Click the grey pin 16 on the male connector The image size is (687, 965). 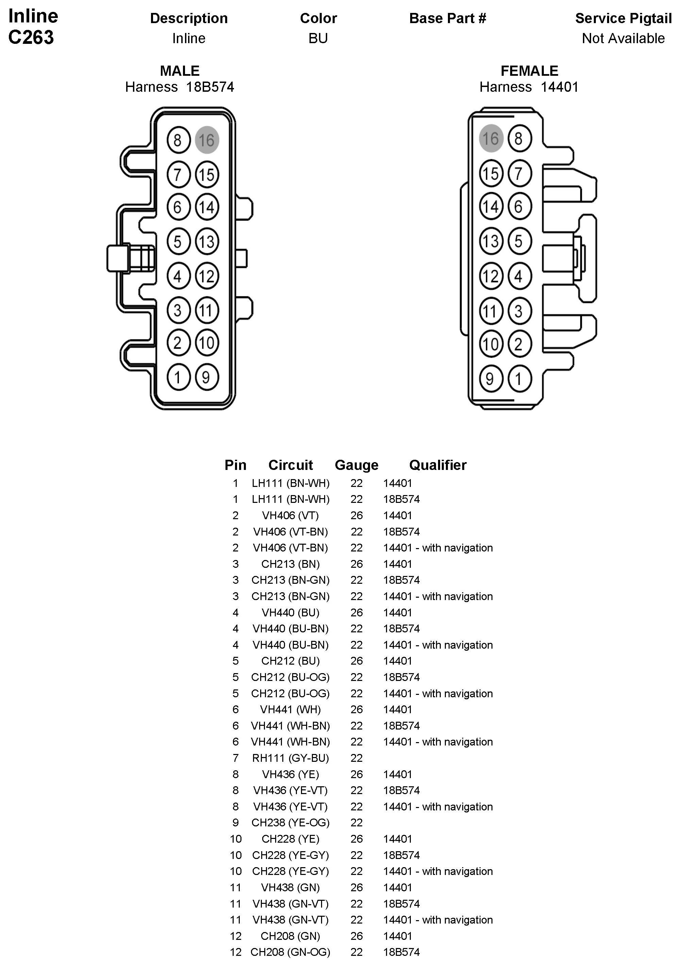coord(207,140)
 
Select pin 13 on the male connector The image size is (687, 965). coord(207,241)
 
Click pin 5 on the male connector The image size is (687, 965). coord(179,241)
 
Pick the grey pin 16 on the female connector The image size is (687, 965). coord(491,138)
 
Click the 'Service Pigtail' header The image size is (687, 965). coord(623,18)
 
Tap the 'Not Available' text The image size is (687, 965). coord(623,38)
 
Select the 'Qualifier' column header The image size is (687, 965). coord(437,465)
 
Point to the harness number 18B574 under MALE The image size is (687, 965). coord(210,87)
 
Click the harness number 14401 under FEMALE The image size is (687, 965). coord(559,87)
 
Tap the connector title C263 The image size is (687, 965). coord(31,37)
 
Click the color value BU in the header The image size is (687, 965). coord(318,38)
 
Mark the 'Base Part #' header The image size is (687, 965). coord(448,18)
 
